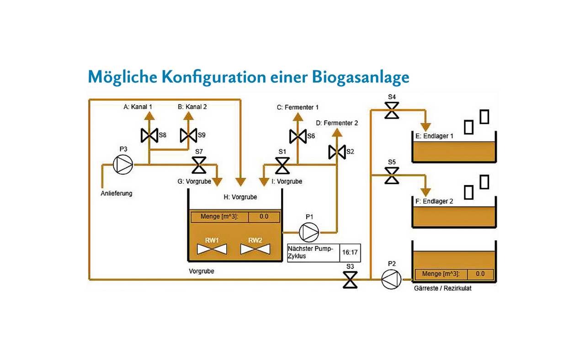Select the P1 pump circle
coord(309,232)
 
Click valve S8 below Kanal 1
coord(149,135)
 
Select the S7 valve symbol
coord(199,165)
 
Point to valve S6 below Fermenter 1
coord(298,136)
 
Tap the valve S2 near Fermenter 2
coord(336,152)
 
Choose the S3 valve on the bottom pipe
coord(351,279)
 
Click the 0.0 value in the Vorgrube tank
coord(264,217)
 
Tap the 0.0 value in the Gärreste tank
coord(480,274)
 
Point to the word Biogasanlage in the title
coord(361,77)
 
